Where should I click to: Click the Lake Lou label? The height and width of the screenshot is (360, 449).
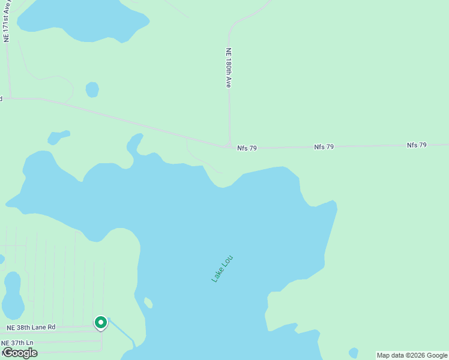click(x=222, y=269)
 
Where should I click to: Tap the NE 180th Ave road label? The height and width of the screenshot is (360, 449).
click(x=229, y=68)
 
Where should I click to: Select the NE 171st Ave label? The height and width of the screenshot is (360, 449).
click(x=7, y=21)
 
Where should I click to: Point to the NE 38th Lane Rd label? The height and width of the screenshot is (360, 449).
click(x=31, y=328)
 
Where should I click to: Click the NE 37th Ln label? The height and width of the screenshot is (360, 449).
click(x=17, y=343)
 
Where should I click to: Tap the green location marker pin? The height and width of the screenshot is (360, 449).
click(x=101, y=323)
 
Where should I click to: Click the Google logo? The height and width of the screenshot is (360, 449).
click(x=20, y=353)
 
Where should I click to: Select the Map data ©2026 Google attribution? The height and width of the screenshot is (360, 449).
click(x=412, y=355)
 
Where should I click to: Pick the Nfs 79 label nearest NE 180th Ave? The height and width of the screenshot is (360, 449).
click(x=247, y=148)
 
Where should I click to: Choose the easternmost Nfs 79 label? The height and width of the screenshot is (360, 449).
click(x=417, y=145)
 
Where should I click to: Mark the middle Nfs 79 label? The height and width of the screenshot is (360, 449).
click(x=324, y=146)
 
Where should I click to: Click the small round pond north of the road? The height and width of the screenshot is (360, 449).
click(x=92, y=89)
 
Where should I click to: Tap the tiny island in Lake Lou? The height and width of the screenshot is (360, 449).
click(x=148, y=303)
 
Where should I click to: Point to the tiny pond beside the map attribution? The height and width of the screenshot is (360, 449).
click(x=354, y=352)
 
